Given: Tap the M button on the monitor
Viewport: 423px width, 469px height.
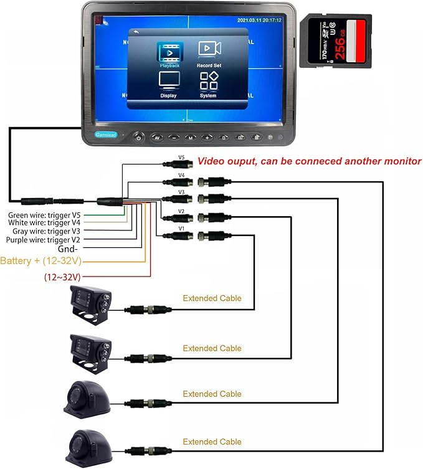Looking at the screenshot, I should (x=191, y=137).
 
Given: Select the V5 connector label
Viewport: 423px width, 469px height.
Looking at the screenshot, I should (x=181, y=158).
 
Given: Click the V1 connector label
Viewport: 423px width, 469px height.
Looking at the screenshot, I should (x=181, y=229).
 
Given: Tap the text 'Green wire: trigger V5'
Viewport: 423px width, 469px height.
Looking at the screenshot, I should (x=44, y=216).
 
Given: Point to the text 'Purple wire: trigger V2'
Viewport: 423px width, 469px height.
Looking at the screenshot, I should (x=43, y=240).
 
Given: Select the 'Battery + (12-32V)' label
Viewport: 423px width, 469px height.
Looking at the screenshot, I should (x=41, y=260).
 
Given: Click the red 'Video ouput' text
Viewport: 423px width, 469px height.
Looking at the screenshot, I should (x=309, y=161).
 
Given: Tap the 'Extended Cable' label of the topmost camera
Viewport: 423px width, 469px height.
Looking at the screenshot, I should (x=212, y=298).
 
